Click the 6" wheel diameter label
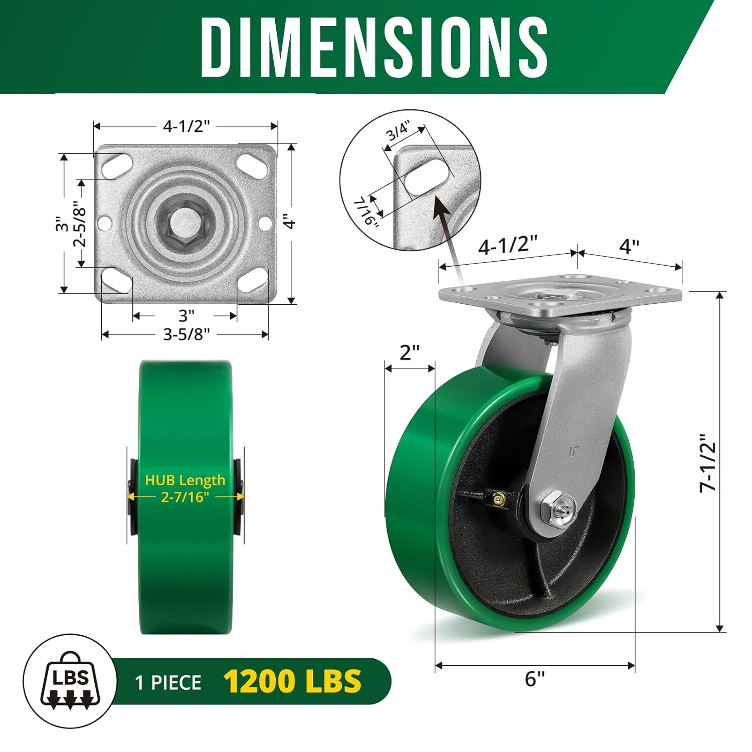534,679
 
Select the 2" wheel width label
409,352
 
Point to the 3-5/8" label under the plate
186,334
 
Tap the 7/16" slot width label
365,211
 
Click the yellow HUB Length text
185,480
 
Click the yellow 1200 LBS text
292,681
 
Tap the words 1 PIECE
168,683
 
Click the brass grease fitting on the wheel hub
498,499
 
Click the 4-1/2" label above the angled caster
507,245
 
